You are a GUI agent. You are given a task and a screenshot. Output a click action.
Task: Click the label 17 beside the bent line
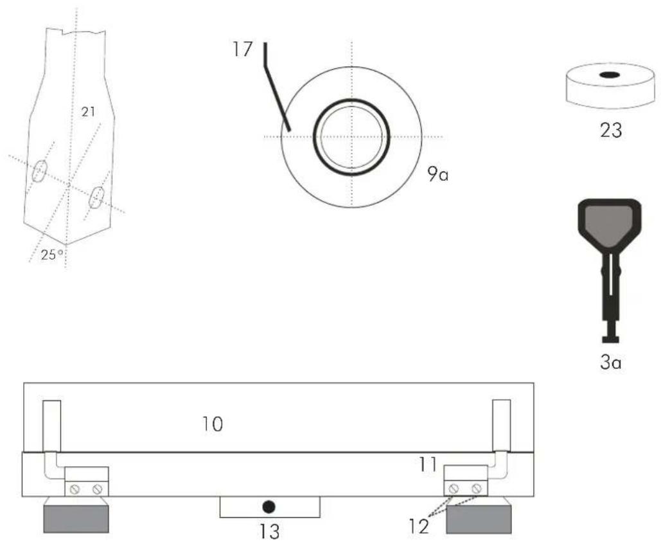click(242, 49)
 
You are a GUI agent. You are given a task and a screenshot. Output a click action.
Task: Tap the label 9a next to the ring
click(438, 174)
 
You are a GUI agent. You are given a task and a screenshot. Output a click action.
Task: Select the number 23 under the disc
click(611, 130)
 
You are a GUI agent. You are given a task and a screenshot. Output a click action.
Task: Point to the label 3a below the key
click(610, 363)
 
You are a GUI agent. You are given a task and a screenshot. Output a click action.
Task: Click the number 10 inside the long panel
click(213, 424)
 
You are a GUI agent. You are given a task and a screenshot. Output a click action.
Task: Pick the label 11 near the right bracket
click(428, 464)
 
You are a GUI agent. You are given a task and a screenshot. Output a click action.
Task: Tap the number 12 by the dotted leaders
click(419, 526)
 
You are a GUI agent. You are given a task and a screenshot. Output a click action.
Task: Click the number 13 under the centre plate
click(269, 532)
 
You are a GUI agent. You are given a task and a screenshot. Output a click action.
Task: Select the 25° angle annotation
click(52, 255)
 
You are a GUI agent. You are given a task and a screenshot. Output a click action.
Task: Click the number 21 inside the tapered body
click(88, 112)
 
